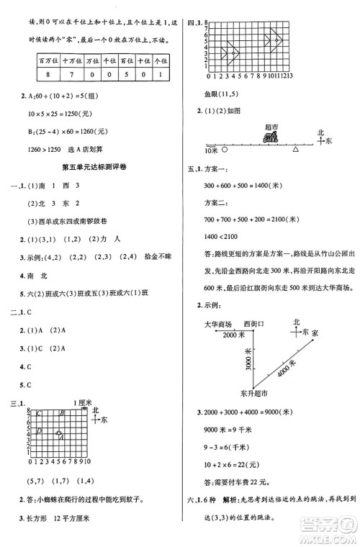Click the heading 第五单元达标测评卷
pyautogui.click(x=95, y=166)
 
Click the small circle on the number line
pyautogui.click(x=225, y=150)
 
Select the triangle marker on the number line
pyautogui.click(x=294, y=149)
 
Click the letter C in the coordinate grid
pyautogui.click(x=38, y=412)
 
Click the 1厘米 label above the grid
pyautogui.click(x=84, y=401)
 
